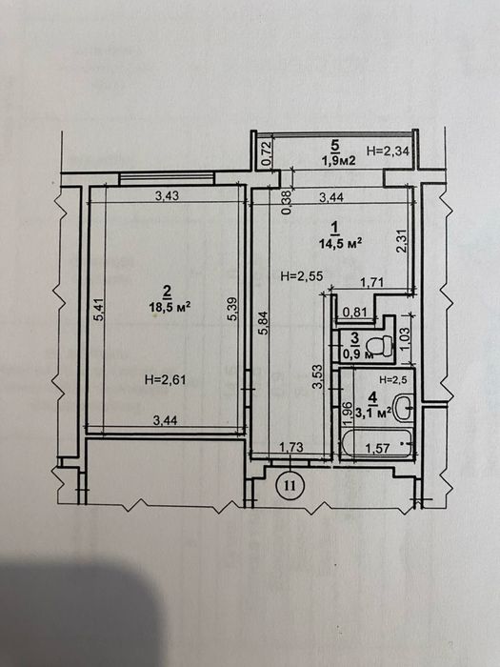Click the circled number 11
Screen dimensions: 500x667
(x=290, y=484)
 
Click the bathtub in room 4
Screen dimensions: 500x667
(x=377, y=445)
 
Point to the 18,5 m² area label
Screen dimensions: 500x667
(x=170, y=307)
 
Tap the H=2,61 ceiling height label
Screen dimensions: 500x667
(x=166, y=379)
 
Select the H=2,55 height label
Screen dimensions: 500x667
(x=302, y=275)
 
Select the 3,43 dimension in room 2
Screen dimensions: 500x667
(x=167, y=195)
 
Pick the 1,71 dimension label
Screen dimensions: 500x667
(x=372, y=282)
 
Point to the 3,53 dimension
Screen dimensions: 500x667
(x=317, y=376)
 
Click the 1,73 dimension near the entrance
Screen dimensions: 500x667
(x=291, y=447)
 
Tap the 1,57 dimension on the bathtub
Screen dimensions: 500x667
(x=377, y=448)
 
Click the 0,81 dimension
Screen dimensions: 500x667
(x=354, y=313)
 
